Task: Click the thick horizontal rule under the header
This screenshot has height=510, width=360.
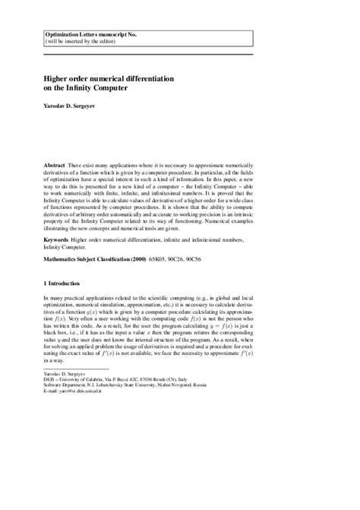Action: click(179, 54)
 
